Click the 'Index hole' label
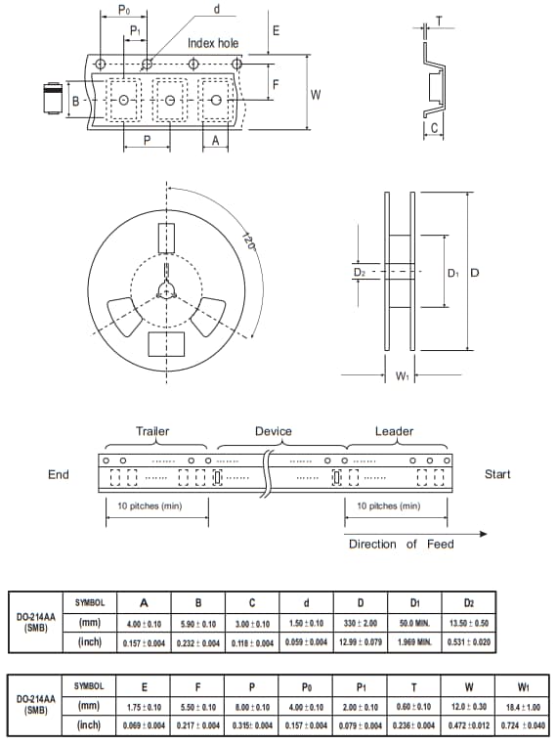pos(213,43)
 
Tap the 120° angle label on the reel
pos(248,241)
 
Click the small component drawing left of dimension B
pos(52,99)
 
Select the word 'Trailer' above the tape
pos(152,431)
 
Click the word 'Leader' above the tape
pos(394,431)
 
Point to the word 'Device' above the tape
pos(273,431)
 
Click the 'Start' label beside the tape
pos(497,474)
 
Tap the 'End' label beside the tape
pos(59,474)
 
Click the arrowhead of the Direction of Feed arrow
pos(484,534)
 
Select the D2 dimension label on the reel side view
pos(360,273)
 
